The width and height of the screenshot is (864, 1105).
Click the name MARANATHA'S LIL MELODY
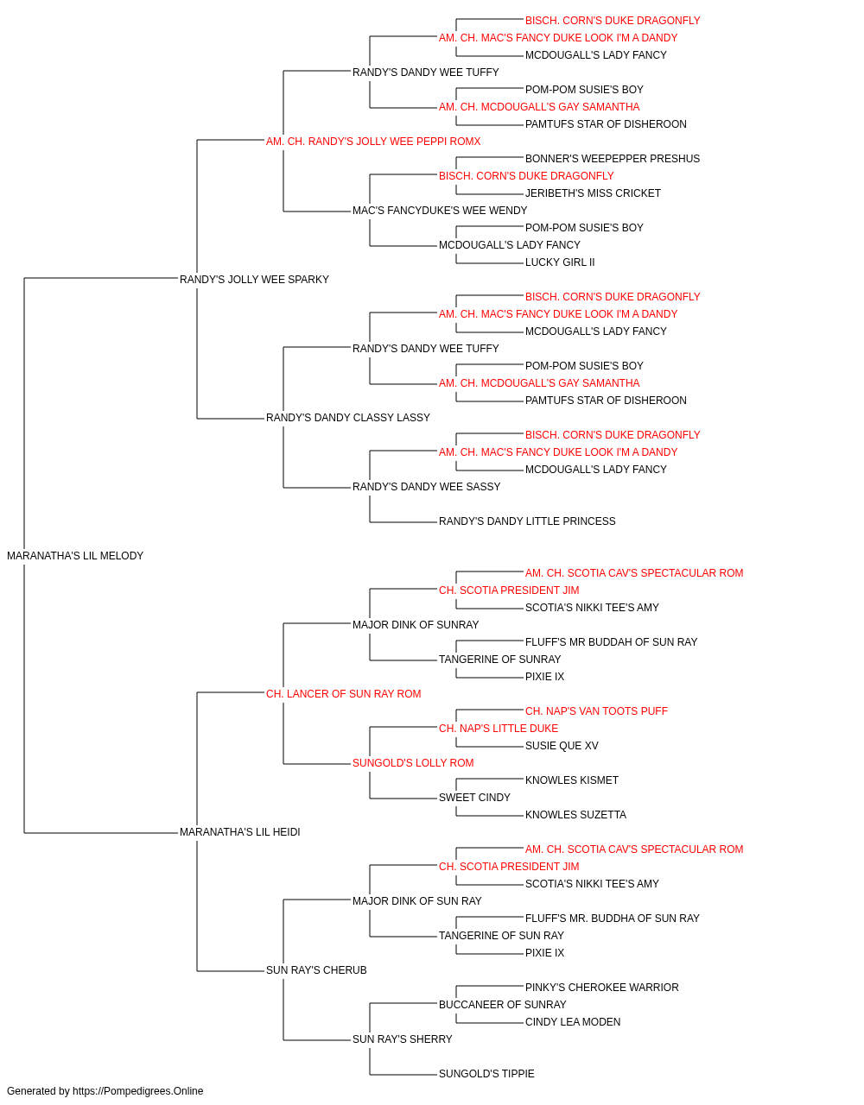click(75, 556)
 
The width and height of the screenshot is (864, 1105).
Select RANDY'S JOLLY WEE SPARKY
click(254, 279)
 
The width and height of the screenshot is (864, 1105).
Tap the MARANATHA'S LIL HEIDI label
click(239, 832)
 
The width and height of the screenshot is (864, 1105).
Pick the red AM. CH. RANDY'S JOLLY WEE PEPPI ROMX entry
click(373, 142)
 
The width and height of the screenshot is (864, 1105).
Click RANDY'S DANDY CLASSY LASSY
click(348, 418)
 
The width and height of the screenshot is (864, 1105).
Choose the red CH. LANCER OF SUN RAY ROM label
click(344, 693)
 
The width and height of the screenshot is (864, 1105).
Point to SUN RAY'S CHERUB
click(316, 969)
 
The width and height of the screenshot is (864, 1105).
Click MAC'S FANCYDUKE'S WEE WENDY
click(440, 210)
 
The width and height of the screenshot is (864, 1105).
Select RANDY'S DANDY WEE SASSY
click(427, 487)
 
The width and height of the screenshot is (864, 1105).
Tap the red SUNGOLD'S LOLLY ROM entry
click(413, 763)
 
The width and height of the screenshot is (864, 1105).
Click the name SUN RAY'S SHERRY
click(403, 1039)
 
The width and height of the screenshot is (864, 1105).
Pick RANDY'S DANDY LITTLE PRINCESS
click(527, 521)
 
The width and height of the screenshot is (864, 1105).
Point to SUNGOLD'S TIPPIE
click(486, 1073)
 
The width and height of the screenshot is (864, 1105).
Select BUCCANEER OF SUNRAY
click(503, 1004)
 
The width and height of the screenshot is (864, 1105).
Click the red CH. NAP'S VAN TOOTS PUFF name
click(596, 710)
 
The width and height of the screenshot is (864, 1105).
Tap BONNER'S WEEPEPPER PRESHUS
click(613, 159)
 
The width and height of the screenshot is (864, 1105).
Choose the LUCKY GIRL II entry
click(560, 262)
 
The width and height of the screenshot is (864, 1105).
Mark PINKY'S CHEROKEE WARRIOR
click(602, 987)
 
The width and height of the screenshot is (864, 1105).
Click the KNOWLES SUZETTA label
click(575, 815)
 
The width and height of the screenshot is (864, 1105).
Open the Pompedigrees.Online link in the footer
click(138, 1091)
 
